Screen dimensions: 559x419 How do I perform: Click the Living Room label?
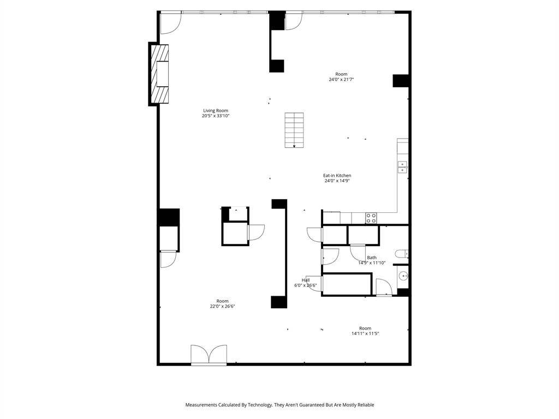pyautogui.click(x=215, y=110)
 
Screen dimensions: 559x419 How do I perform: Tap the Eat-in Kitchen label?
pyautogui.click(x=337, y=175)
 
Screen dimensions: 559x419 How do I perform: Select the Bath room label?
pyautogui.click(x=371, y=258)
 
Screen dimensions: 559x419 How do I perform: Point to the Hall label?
pyautogui.click(x=306, y=280)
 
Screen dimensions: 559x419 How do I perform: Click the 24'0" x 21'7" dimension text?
pyautogui.click(x=341, y=80)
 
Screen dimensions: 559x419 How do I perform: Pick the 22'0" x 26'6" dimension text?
pyautogui.click(x=222, y=306)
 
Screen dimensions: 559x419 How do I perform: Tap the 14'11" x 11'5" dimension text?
pyautogui.click(x=365, y=333)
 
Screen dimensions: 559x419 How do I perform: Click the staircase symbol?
pyautogui.click(x=294, y=130)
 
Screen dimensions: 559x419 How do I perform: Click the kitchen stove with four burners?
pyautogui.click(x=371, y=218)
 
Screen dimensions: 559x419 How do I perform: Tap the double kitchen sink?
pyautogui.click(x=402, y=167)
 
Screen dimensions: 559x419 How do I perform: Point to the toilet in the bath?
pyautogui.click(x=401, y=254)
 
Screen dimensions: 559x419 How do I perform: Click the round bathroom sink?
pyautogui.click(x=403, y=276)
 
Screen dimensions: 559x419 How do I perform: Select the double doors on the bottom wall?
pyautogui.click(x=209, y=355)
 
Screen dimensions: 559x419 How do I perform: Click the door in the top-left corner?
pyautogui.click(x=171, y=23)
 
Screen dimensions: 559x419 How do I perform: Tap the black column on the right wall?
pyautogui.click(x=401, y=81)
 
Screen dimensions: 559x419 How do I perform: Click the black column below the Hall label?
pyautogui.click(x=279, y=302)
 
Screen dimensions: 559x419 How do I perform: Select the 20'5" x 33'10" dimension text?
pyautogui.click(x=215, y=116)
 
